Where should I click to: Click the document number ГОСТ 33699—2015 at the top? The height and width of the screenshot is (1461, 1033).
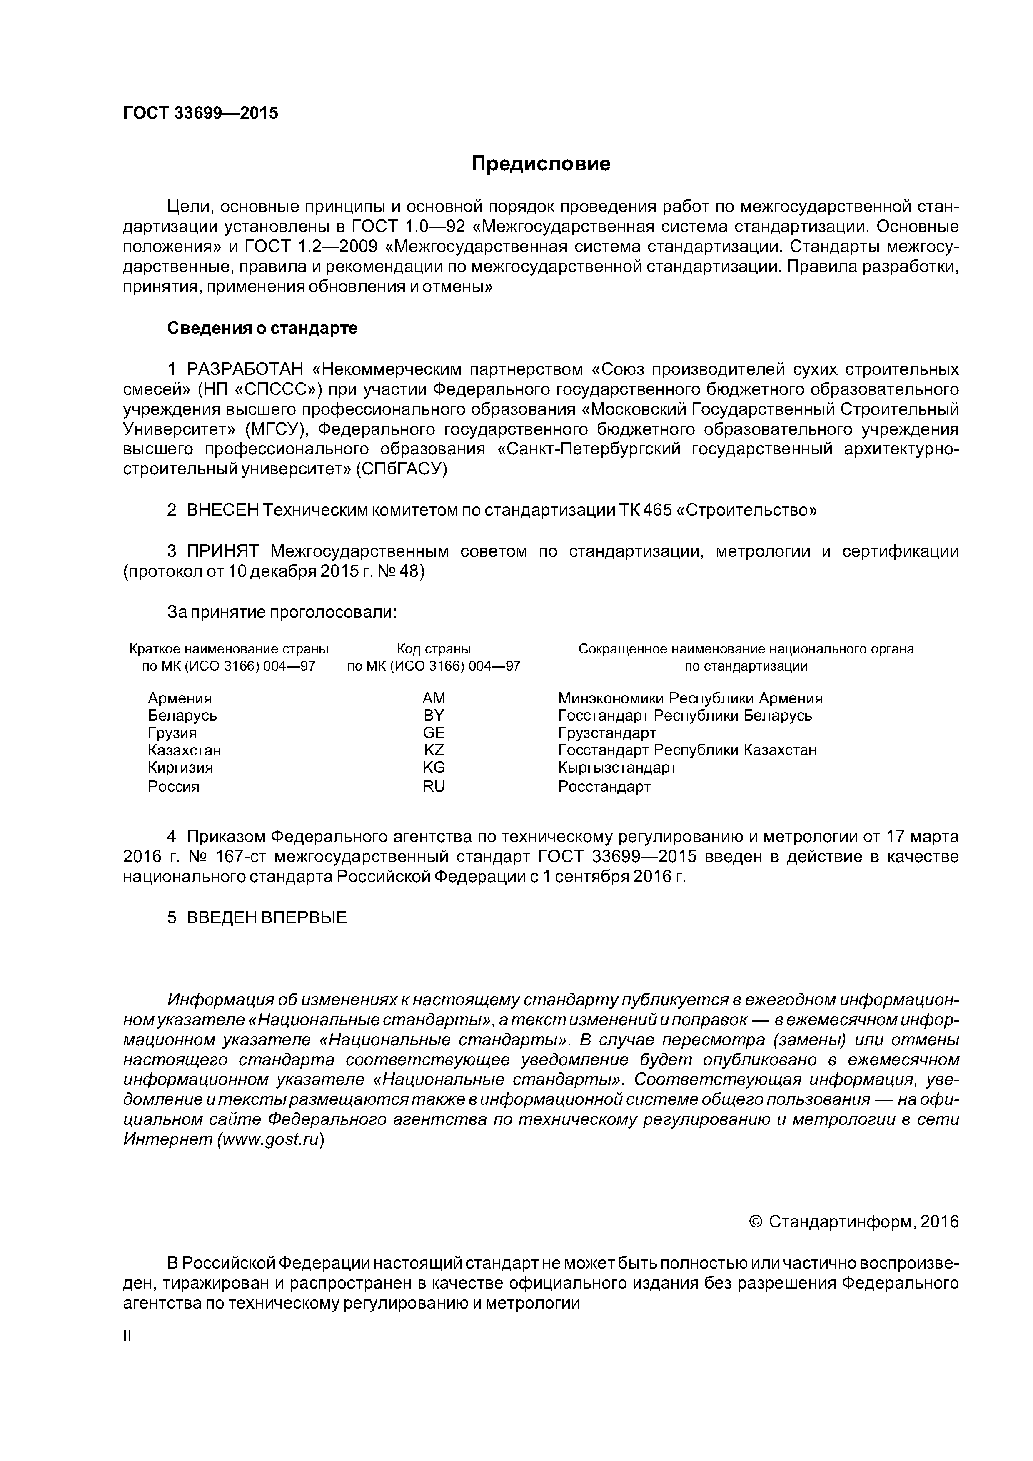pos(200,113)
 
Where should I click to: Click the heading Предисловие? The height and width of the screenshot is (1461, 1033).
pos(540,164)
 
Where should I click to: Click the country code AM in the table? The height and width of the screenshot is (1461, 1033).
pos(434,698)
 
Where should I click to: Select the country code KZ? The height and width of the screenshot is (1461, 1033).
pos(434,750)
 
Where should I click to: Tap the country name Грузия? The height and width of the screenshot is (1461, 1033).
pos(172,733)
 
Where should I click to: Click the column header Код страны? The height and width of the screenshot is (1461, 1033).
pos(434,649)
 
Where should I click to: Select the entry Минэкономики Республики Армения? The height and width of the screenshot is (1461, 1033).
pos(690,698)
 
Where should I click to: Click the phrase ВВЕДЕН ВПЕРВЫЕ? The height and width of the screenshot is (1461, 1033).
pos(266,917)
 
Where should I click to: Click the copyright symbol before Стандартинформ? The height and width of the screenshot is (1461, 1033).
pos(756,1222)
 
